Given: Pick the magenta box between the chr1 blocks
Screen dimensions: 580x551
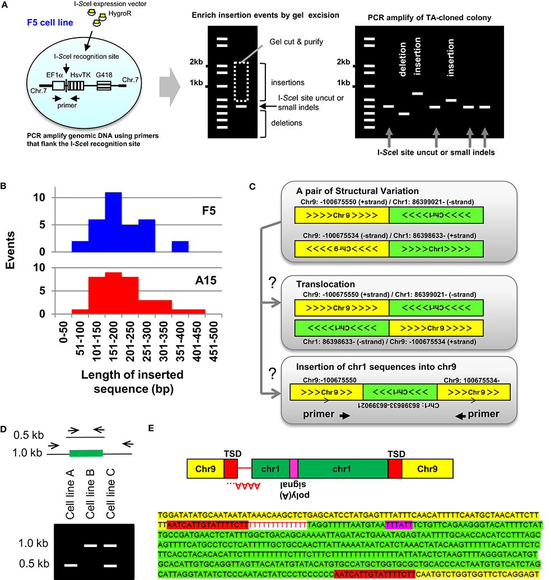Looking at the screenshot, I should click(294, 467).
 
